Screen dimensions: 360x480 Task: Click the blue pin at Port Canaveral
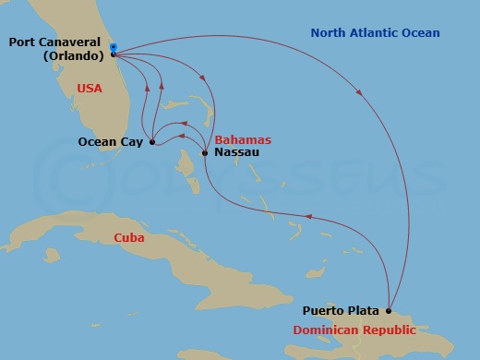pos(113,46)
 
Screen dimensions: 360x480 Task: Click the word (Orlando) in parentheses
pos(75,55)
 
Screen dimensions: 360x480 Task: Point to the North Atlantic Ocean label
pos(375,33)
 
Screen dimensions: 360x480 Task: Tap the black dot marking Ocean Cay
pos(151,142)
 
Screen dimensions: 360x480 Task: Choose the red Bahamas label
pos(243,139)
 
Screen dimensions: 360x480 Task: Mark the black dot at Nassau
pos(204,152)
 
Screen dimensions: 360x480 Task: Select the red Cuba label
pos(128,237)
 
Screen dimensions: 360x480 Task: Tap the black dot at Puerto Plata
pos(389,311)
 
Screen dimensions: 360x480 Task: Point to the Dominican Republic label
pos(354,330)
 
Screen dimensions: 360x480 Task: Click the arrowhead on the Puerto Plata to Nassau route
pos(308,218)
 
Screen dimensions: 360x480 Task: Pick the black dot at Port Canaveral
pos(113,53)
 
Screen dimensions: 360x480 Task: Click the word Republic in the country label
pos(389,330)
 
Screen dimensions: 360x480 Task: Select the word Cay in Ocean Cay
pos(134,142)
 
